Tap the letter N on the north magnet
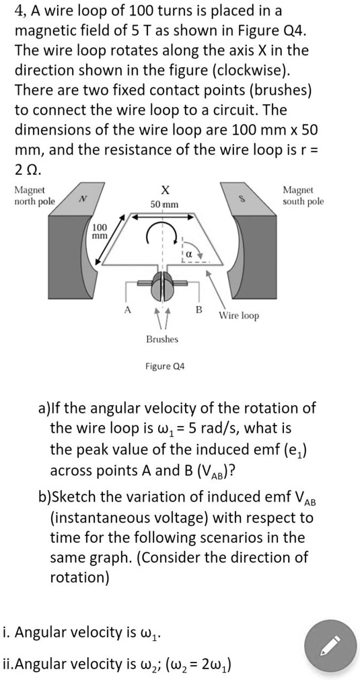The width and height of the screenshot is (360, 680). [82, 198]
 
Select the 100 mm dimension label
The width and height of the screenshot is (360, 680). [100, 232]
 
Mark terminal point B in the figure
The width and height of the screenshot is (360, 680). [198, 309]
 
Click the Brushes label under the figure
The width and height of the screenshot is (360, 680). [162, 339]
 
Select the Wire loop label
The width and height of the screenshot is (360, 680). [238, 315]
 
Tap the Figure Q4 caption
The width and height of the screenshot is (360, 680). [165, 366]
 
